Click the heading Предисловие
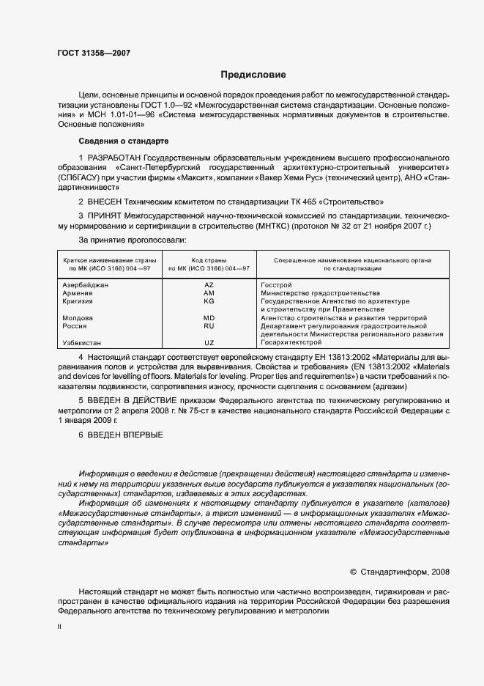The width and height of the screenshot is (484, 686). (253, 75)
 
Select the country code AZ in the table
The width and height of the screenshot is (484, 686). (209, 284)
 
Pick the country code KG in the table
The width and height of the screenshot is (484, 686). (209, 301)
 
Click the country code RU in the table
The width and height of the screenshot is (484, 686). (209, 326)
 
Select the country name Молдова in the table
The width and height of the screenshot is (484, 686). (78, 318)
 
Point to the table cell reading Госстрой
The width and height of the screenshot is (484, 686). (277, 284)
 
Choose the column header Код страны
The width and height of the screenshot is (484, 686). (209, 260)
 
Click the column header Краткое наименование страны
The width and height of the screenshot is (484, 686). (107, 260)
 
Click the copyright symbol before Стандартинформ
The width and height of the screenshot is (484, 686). (354, 571)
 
